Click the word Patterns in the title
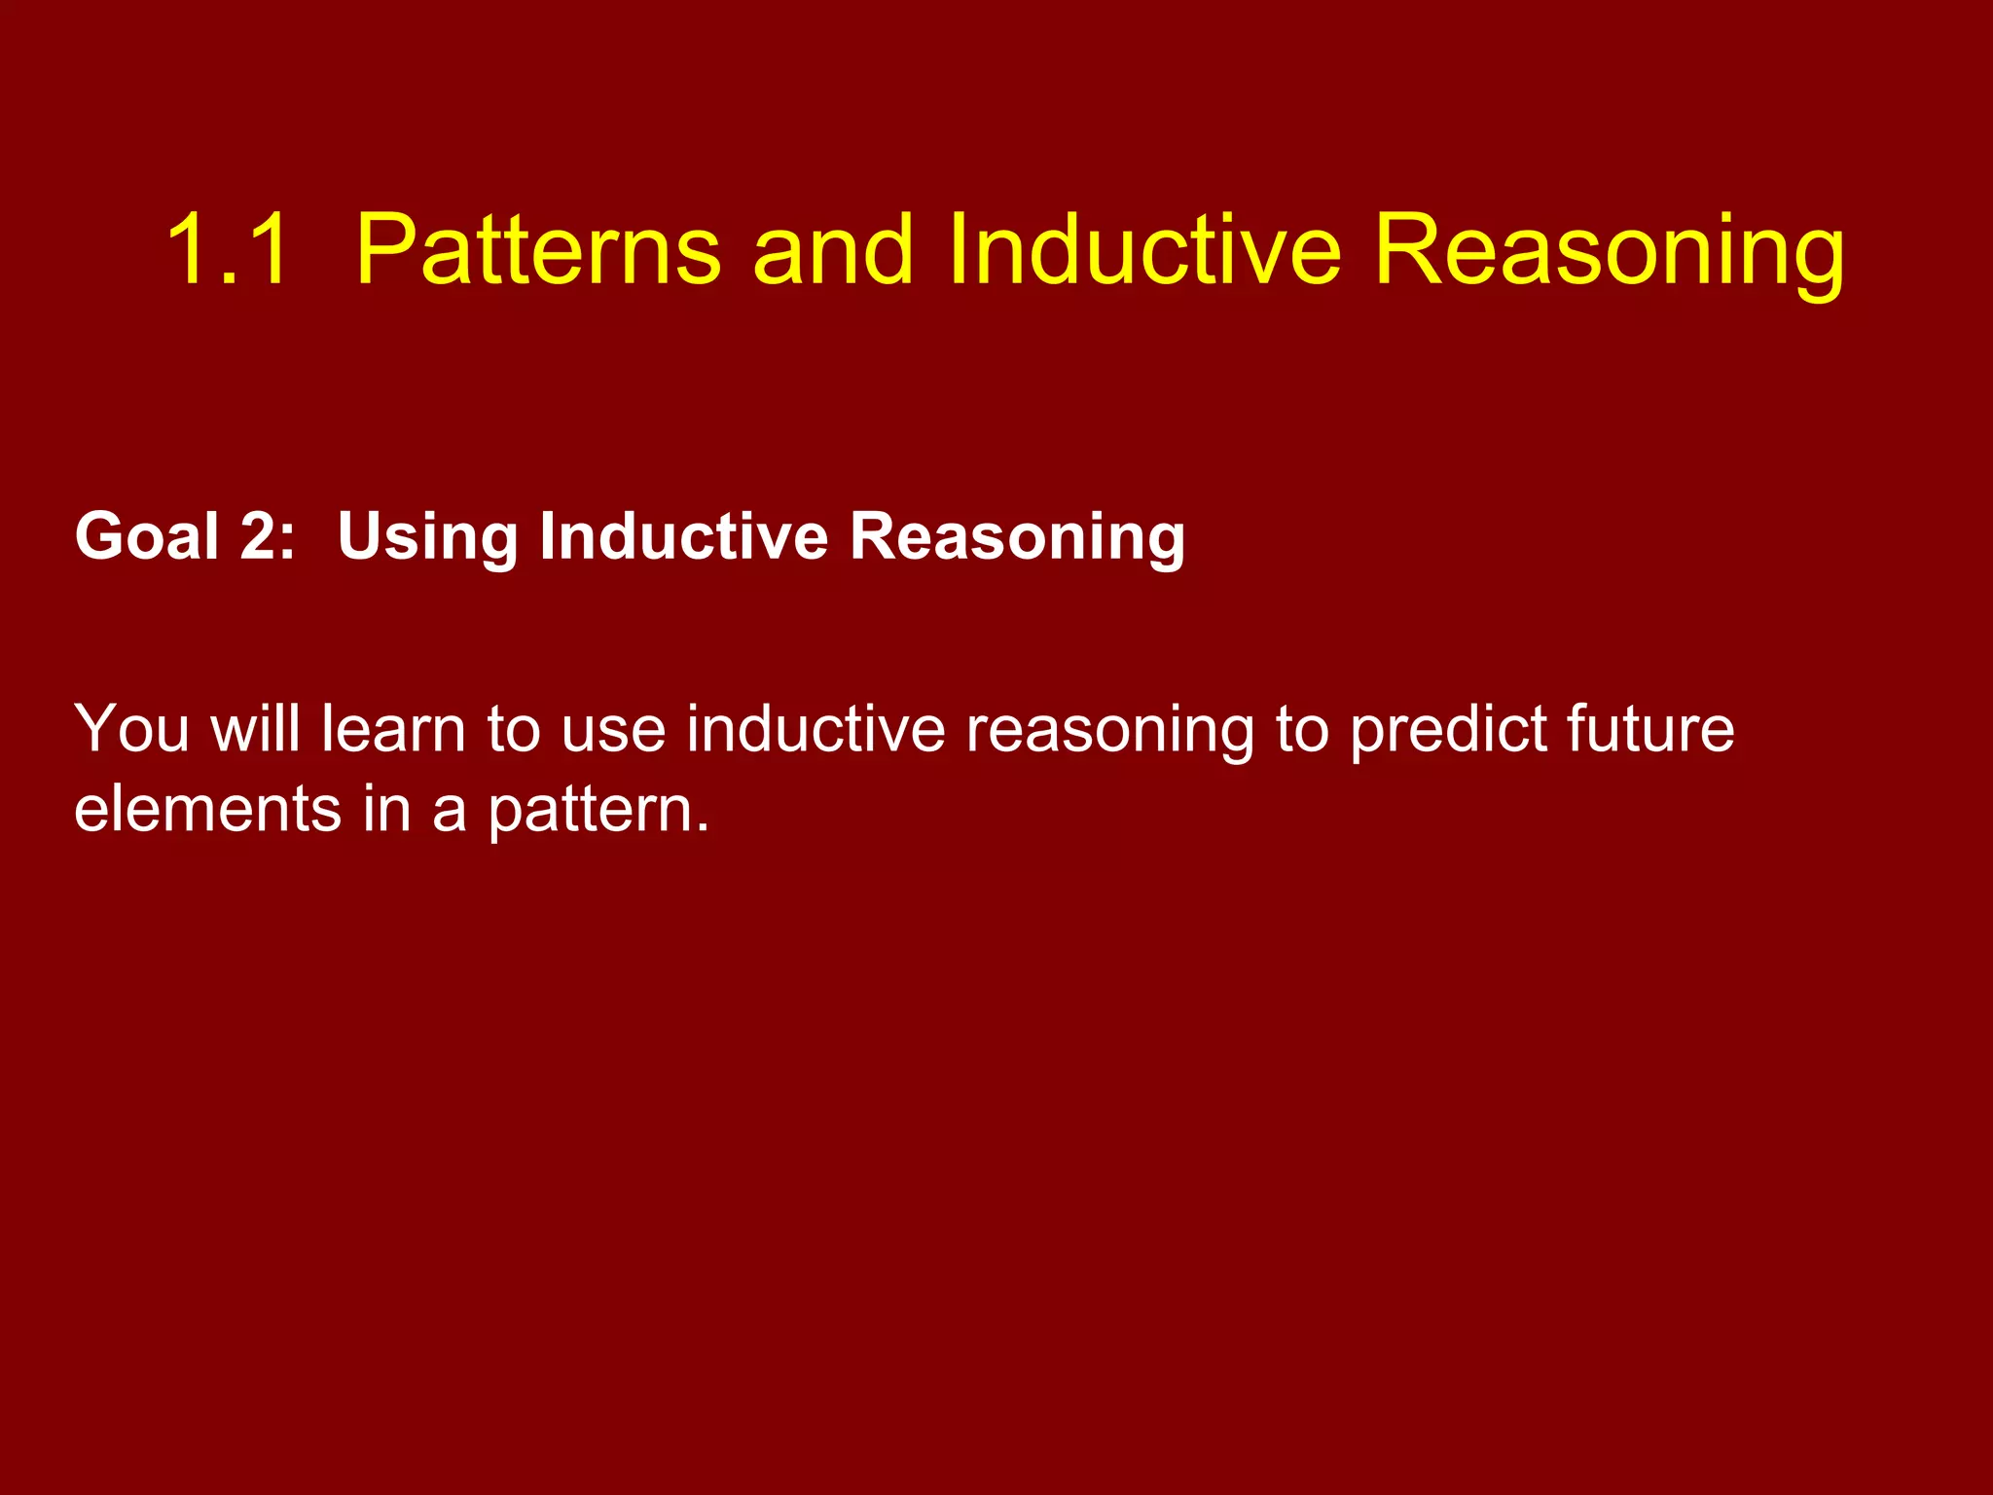[538, 250]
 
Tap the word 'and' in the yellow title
[832, 250]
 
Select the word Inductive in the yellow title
[1144, 250]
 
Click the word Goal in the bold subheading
[147, 536]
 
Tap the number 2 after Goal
[259, 536]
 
